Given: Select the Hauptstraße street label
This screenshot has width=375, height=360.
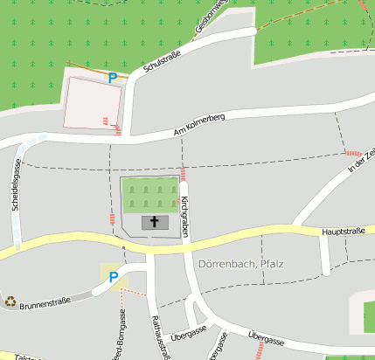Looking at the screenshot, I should pyautogui.click(x=343, y=232).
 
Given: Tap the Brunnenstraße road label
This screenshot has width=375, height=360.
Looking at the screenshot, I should pyautogui.click(x=44, y=303).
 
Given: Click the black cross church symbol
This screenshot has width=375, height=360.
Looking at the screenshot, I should pyautogui.click(x=156, y=222).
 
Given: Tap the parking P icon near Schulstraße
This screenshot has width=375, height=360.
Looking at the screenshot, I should pyautogui.click(x=112, y=77).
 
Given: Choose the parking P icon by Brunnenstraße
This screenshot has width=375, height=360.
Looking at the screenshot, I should pyautogui.click(x=113, y=277).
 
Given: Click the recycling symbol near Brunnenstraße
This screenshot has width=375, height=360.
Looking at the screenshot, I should pyautogui.click(x=10, y=301).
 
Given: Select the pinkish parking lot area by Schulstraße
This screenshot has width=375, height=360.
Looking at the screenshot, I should pyautogui.click(x=89, y=104).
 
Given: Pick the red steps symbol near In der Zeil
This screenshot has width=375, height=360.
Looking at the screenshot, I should pyautogui.click(x=353, y=152).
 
